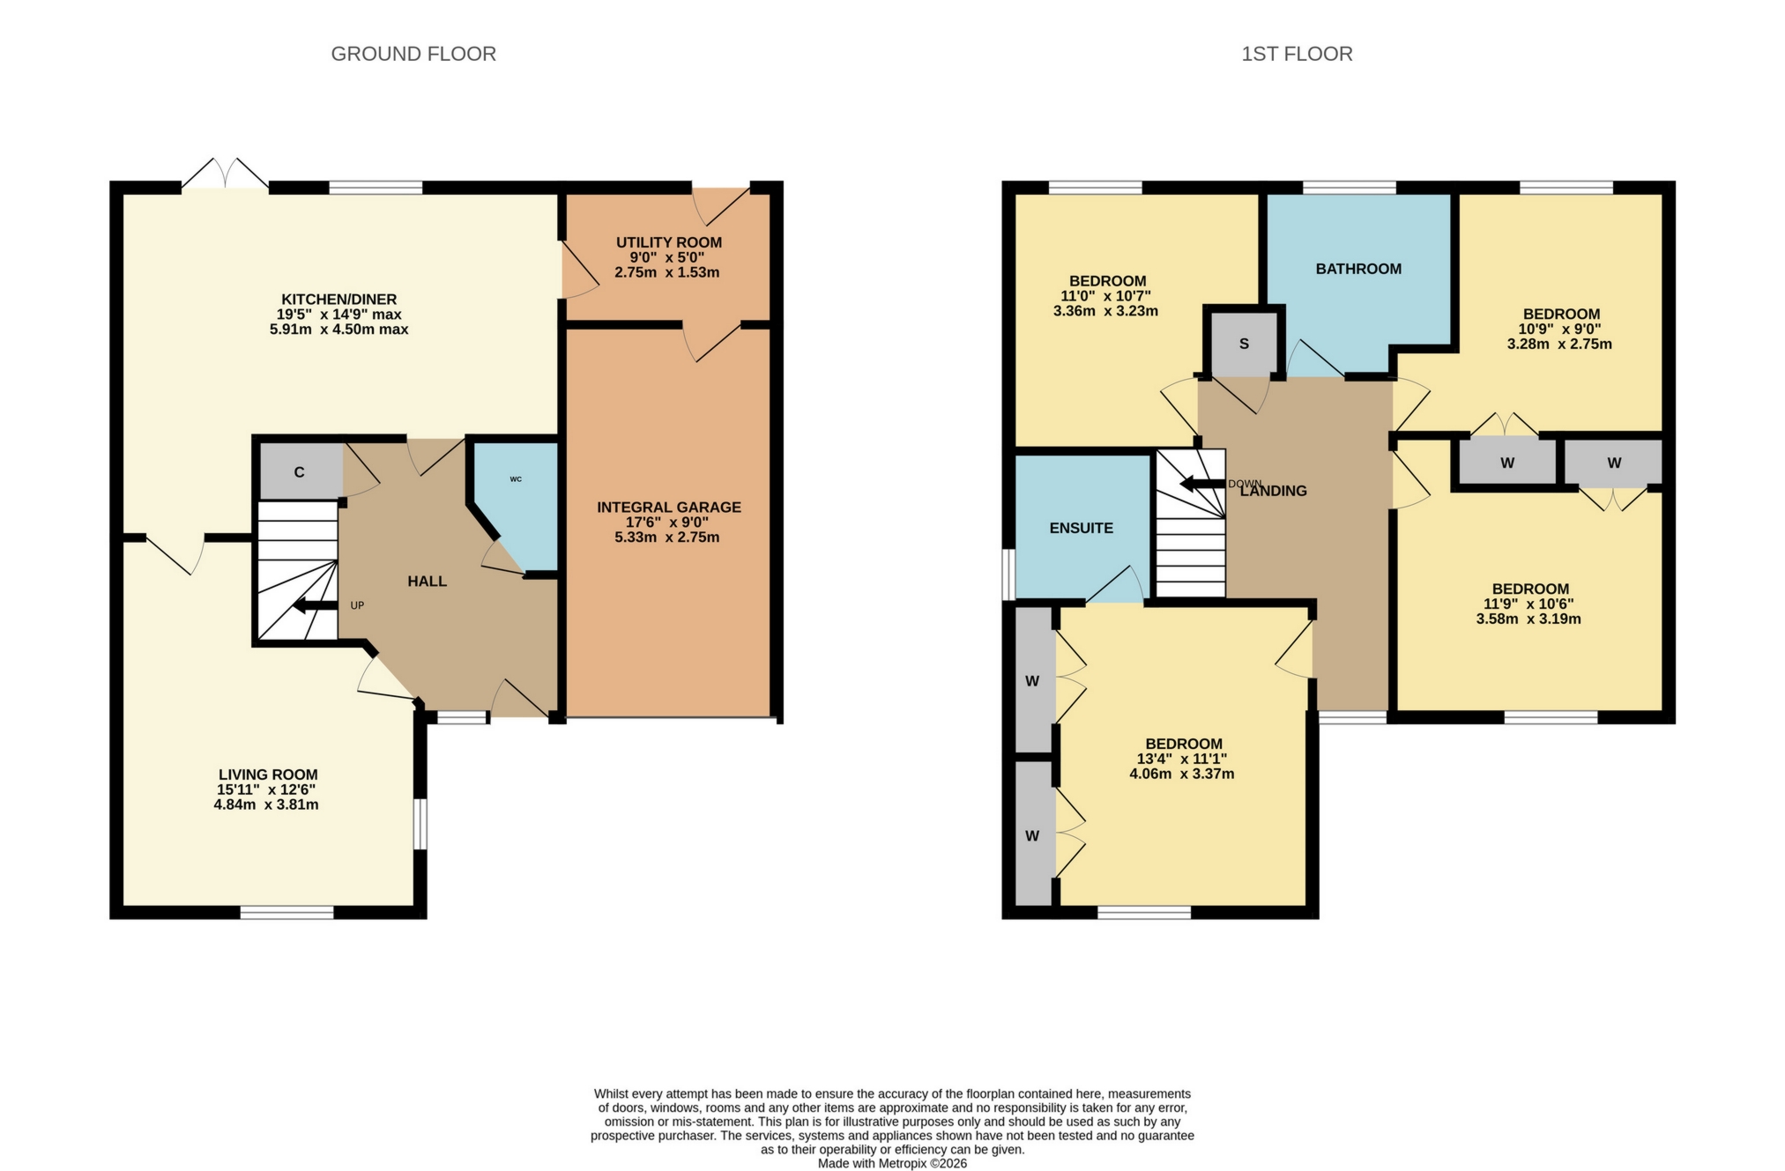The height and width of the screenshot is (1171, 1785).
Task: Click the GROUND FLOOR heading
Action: click(x=413, y=54)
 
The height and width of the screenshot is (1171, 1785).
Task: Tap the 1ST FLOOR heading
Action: click(x=1297, y=54)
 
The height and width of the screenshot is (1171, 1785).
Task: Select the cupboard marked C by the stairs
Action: click(x=300, y=472)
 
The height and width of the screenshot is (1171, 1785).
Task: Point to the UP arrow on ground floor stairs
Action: click(x=315, y=605)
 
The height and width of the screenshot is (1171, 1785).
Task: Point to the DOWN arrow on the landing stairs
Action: click(x=1202, y=484)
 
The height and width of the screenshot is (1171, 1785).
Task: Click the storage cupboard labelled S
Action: click(x=1244, y=344)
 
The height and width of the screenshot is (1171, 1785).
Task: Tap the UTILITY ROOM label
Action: click(x=668, y=242)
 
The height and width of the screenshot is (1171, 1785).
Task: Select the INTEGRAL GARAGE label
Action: click(x=668, y=508)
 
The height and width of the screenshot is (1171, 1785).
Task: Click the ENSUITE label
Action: click(x=1081, y=528)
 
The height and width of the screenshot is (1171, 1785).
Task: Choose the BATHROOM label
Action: click(x=1357, y=269)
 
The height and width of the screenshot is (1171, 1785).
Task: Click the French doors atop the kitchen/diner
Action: click(x=226, y=174)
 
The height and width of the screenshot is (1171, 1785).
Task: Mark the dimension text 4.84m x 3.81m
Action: click(x=265, y=804)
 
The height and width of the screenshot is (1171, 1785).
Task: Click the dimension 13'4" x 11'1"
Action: click(x=1181, y=759)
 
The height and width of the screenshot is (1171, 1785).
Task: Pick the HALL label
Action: click(x=427, y=582)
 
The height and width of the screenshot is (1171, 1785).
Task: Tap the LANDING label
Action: click(x=1274, y=492)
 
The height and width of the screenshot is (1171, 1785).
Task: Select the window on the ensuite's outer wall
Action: click(x=1008, y=574)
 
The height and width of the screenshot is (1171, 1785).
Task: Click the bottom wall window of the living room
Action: click(x=286, y=912)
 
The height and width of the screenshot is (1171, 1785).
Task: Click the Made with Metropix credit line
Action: click(x=891, y=1163)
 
